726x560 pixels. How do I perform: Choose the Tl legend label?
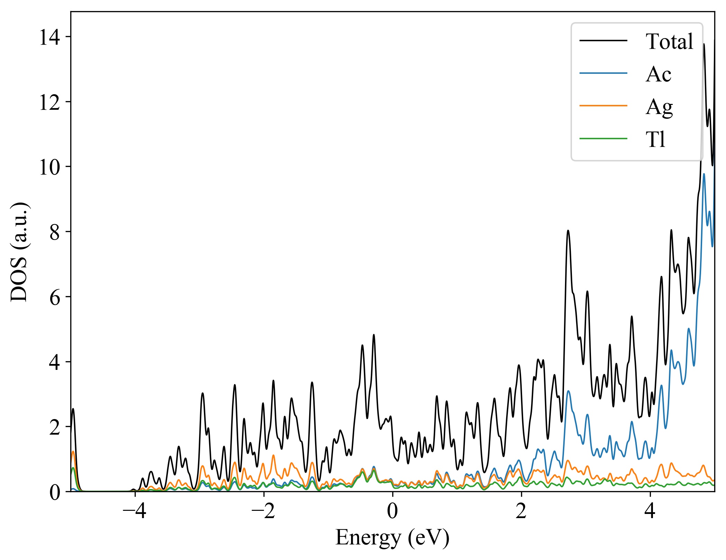[x=655, y=139]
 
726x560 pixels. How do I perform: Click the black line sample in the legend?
[x=603, y=41]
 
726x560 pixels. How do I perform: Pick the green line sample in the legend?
[x=603, y=139]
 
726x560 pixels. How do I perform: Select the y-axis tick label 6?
[x=55, y=297]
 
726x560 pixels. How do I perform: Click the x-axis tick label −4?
[x=135, y=511]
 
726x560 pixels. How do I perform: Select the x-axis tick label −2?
[x=263, y=511]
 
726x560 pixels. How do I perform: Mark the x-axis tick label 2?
[x=521, y=511]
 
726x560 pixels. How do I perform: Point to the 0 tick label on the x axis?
[x=392, y=511]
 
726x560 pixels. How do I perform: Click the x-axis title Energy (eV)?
[x=392, y=537]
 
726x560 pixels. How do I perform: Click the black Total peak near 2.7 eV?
[x=568, y=231]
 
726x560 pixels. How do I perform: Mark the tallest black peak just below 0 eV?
[x=374, y=335]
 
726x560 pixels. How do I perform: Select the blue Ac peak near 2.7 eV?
[x=568, y=391]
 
